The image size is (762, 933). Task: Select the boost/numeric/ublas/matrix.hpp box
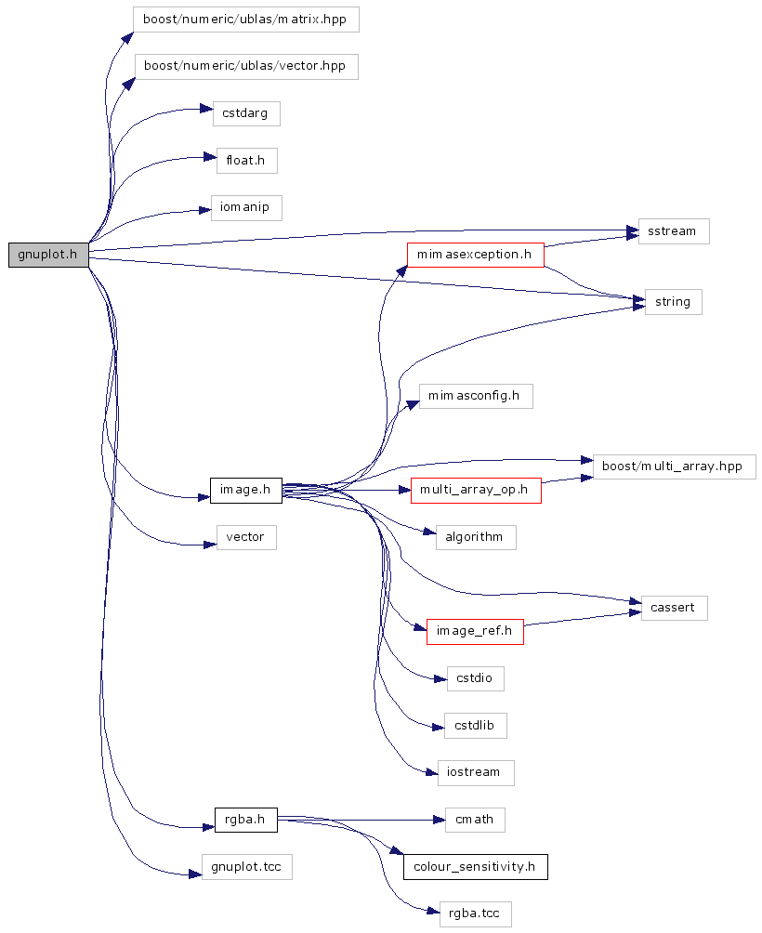coord(245,20)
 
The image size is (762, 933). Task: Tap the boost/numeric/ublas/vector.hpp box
coord(246,66)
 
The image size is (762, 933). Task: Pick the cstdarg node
coord(246,113)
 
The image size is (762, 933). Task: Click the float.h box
coord(246,160)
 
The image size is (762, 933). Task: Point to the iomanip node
coord(246,207)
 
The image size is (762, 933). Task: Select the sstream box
coord(674,231)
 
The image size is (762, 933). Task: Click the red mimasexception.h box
coord(475,254)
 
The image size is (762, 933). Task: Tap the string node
coord(673,302)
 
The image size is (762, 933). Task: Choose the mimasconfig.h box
coord(475,396)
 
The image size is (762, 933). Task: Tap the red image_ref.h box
coord(475,632)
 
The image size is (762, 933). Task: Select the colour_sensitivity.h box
coord(475,867)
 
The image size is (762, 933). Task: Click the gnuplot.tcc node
coord(246,868)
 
